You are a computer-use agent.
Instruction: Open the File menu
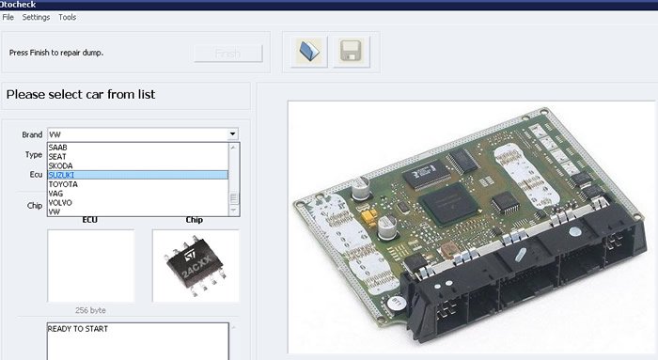(x=8, y=17)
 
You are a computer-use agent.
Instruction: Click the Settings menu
(x=36, y=17)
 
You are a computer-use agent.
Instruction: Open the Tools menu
(x=67, y=17)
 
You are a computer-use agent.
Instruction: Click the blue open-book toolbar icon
(x=309, y=52)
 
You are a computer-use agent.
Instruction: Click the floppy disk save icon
(x=351, y=52)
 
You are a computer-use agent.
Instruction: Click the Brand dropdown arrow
(x=232, y=134)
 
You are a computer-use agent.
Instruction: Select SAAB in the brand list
(x=58, y=148)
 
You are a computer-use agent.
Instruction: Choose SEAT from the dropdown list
(x=57, y=157)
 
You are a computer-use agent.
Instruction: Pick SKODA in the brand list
(x=60, y=165)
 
